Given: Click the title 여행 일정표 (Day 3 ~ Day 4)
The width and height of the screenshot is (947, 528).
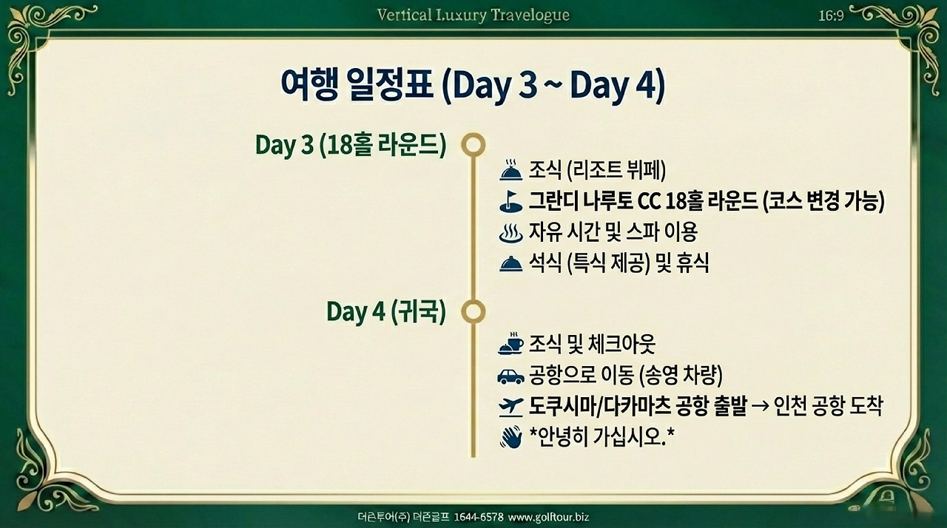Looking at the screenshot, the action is [473, 85].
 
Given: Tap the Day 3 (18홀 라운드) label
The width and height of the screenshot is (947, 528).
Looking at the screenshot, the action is [351, 144].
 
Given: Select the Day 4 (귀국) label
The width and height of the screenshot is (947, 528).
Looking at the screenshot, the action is [386, 312].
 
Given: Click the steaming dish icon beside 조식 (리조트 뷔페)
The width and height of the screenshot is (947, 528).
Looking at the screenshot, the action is [510, 170].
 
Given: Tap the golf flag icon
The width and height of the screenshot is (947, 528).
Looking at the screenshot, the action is [510, 201].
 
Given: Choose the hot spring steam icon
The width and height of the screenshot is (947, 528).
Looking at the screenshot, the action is [510, 232].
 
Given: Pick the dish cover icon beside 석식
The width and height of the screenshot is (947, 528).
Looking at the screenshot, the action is [510, 263].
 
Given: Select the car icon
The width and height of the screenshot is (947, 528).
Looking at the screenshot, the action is [510, 376].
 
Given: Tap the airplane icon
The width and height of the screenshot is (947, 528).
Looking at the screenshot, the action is [510, 406].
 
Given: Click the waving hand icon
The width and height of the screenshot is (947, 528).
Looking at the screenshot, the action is [510, 437].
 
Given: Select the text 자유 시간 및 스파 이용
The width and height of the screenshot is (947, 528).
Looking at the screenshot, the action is [613, 232].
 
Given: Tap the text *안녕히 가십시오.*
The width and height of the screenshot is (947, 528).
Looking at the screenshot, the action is [601, 437].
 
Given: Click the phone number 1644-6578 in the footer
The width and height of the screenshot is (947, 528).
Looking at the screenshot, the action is [479, 518].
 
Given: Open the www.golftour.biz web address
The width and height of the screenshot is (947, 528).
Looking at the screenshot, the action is [548, 518].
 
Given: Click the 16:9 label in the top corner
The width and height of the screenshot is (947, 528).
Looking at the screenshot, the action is [831, 16].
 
